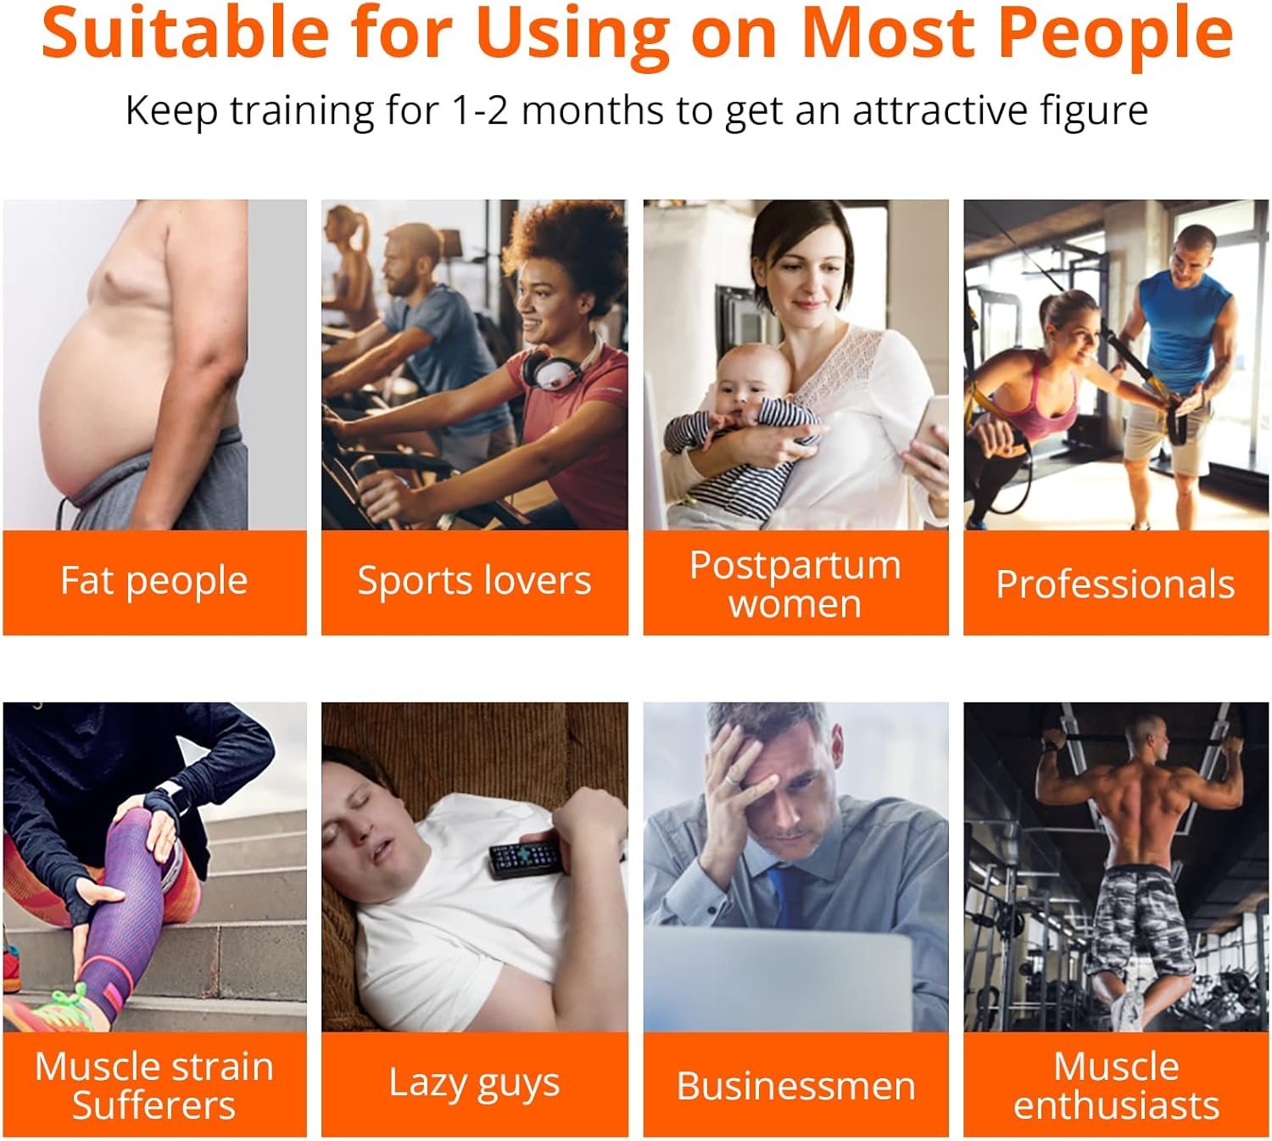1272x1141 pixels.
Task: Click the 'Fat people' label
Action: tap(154, 581)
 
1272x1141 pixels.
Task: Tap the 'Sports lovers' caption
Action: tap(474, 580)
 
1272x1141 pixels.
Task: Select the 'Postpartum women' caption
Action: tap(795, 584)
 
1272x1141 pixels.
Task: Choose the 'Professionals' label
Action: tap(1116, 584)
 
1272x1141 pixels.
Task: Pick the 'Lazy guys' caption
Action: tap(474, 1083)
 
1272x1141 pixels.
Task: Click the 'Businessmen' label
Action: tap(796, 1085)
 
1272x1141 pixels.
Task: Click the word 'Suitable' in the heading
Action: tap(185, 33)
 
